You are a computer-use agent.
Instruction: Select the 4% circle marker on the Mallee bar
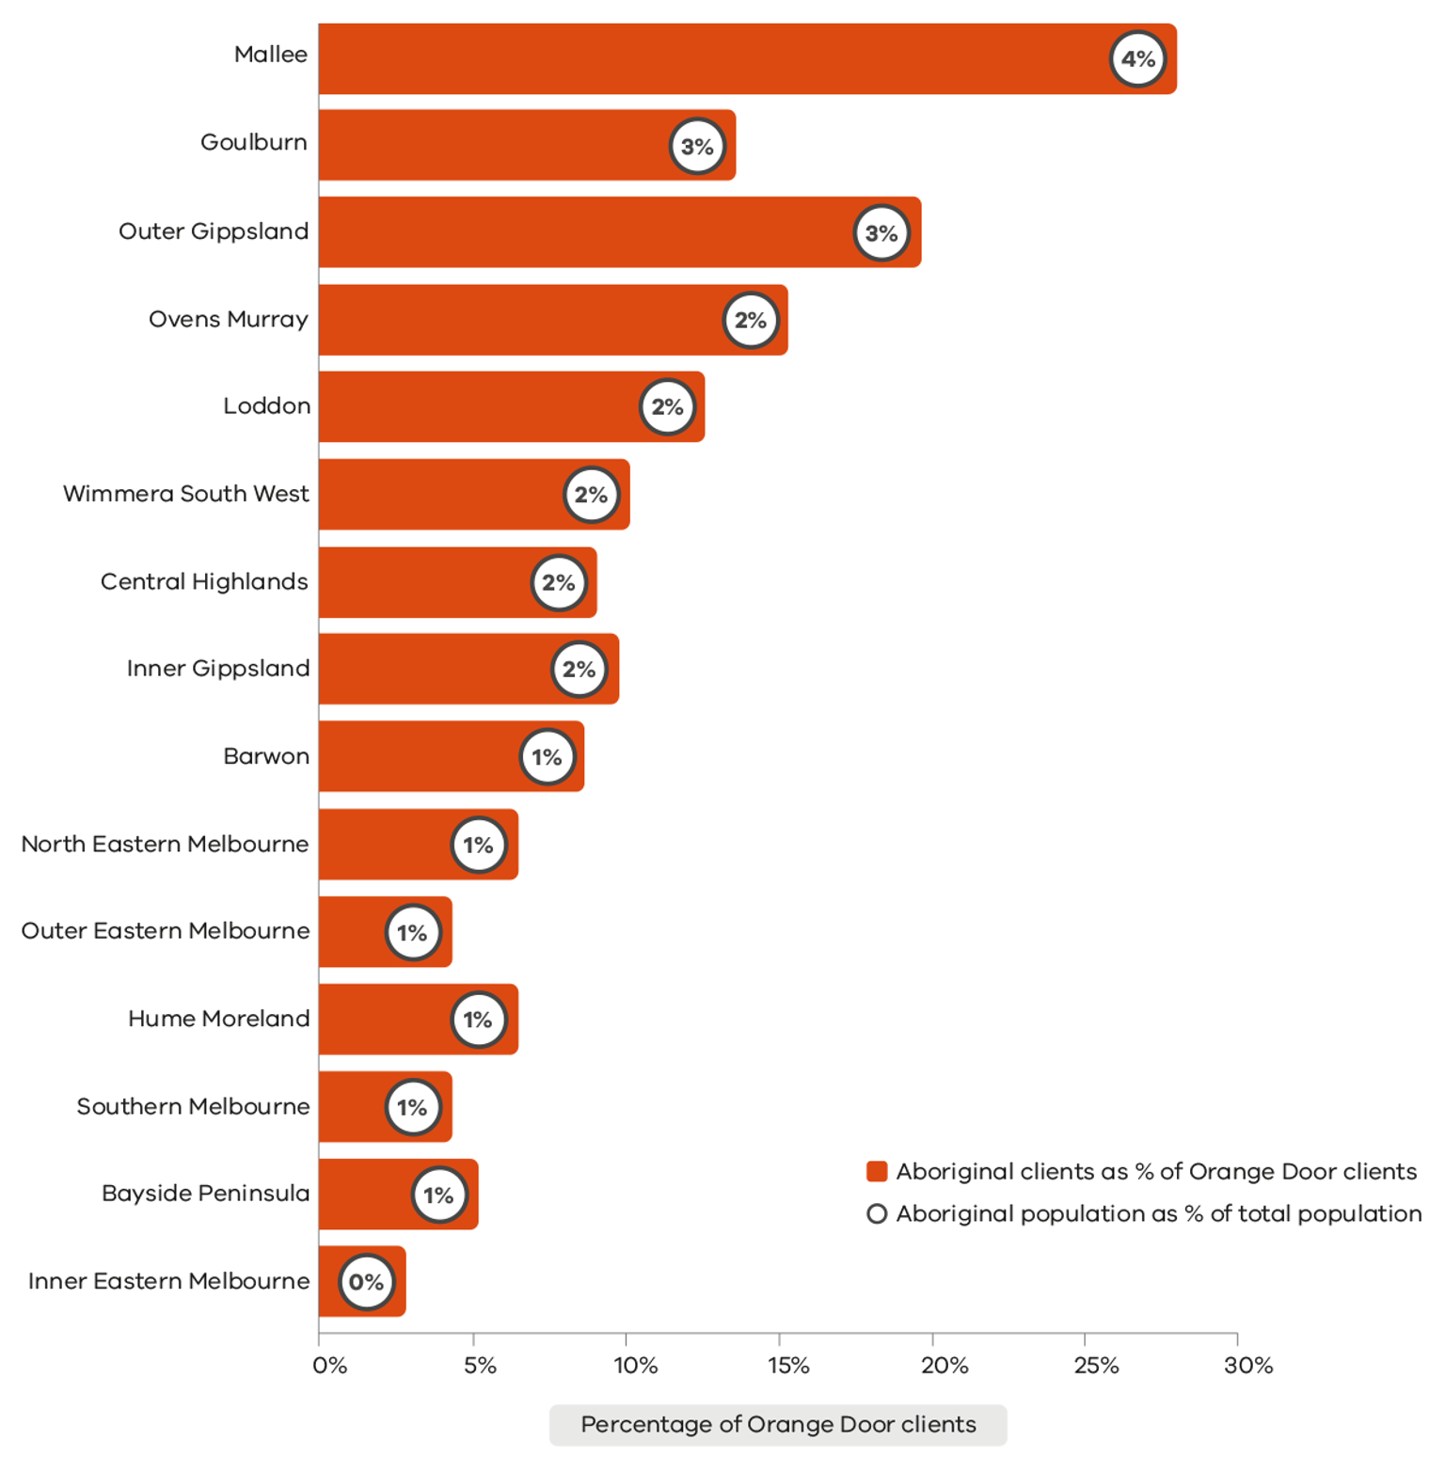pyautogui.click(x=1137, y=59)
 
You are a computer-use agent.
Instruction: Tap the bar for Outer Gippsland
pyautogui.click(x=583, y=232)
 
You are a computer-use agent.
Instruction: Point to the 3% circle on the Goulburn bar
pyautogui.click(x=697, y=147)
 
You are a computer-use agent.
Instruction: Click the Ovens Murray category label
pyautogui.click(x=229, y=320)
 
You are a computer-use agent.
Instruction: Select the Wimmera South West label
pyautogui.click(x=186, y=494)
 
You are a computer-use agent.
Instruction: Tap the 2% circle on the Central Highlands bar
pyautogui.click(x=559, y=583)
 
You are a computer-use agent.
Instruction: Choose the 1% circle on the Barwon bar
pyautogui.click(x=547, y=757)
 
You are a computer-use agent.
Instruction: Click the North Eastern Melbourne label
pyautogui.click(x=165, y=845)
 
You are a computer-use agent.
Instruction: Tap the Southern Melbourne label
pyautogui.click(x=193, y=1107)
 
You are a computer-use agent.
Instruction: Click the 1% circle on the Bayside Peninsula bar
pyautogui.click(x=438, y=1195)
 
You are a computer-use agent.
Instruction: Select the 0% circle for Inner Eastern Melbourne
pyautogui.click(x=366, y=1282)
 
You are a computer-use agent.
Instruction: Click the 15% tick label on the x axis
pyautogui.click(x=787, y=1366)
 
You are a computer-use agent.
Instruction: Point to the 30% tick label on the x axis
pyautogui.click(x=1247, y=1366)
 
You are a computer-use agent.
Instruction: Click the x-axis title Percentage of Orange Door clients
pyautogui.click(x=778, y=1425)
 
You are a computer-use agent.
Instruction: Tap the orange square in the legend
pyautogui.click(x=877, y=1172)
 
